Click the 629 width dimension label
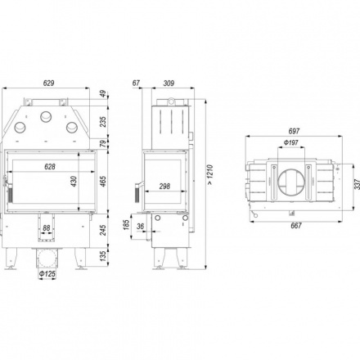[48, 83]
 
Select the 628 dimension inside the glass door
[50, 166]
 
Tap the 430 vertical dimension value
[74, 182]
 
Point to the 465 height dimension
[103, 182]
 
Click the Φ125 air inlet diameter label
[47, 273]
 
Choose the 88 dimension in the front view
[47, 227]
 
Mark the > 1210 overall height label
[209, 175]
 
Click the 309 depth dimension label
[169, 83]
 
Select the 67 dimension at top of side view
[136, 83]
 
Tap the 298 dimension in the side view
[164, 187]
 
